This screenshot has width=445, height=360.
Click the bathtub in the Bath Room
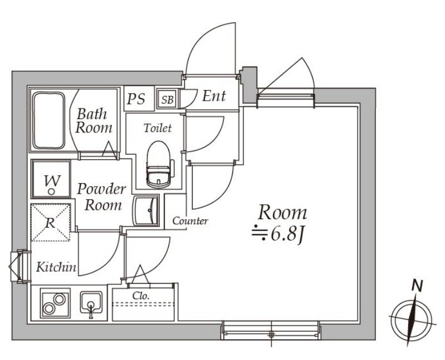[x=50, y=120]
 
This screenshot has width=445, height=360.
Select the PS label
[x=136, y=99]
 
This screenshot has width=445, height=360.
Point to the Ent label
[x=214, y=96]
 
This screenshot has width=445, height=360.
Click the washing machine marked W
[x=51, y=180]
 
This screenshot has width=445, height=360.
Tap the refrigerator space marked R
[x=51, y=223]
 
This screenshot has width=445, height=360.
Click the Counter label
[x=190, y=221]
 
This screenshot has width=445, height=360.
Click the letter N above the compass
[x=415, y=286]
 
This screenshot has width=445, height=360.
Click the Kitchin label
[x=56, y=267]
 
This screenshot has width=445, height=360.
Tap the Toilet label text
[x=158, y=128]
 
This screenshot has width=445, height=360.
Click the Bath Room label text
[x=94, y=121]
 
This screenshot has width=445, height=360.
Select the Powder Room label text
[x=101, y=196]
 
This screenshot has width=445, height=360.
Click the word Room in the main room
[x=282, y=212]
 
